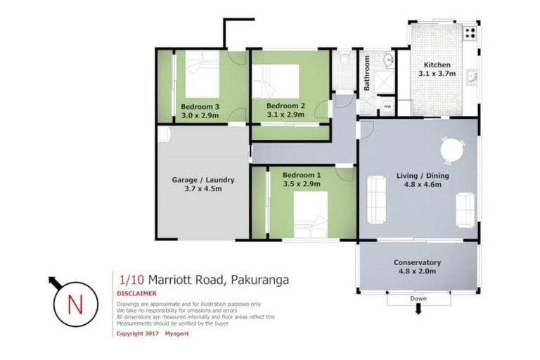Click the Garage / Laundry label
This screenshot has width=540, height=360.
(x=203, y=179)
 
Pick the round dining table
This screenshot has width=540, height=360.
(x=451, y=150)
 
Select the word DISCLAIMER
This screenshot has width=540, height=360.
(x=136, y=293)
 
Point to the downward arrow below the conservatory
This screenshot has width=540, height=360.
(x=419, y=310)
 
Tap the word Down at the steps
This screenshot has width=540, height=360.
(x=419, y=298)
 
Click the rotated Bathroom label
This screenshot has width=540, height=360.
(x=366, y=74)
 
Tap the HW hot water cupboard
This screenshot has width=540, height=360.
(x=387, y=107)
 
